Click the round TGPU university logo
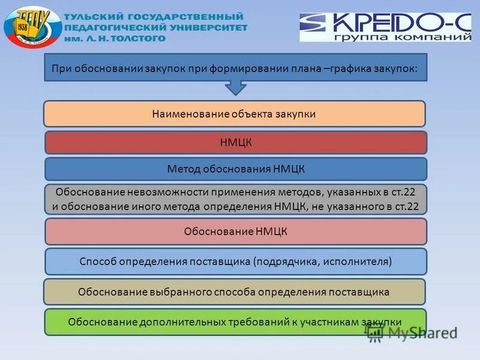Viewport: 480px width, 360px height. click(32, 28)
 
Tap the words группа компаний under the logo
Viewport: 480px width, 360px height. click(414, 37)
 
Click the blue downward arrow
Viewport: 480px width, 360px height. click(236, 88)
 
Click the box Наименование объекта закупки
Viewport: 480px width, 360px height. click(234, 113)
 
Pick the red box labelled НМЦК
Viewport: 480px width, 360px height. click(236, 143)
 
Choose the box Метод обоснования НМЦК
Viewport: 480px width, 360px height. click(236, 169)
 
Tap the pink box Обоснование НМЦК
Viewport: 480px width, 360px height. click(236, 231)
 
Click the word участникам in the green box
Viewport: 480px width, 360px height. click(331, 322)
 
